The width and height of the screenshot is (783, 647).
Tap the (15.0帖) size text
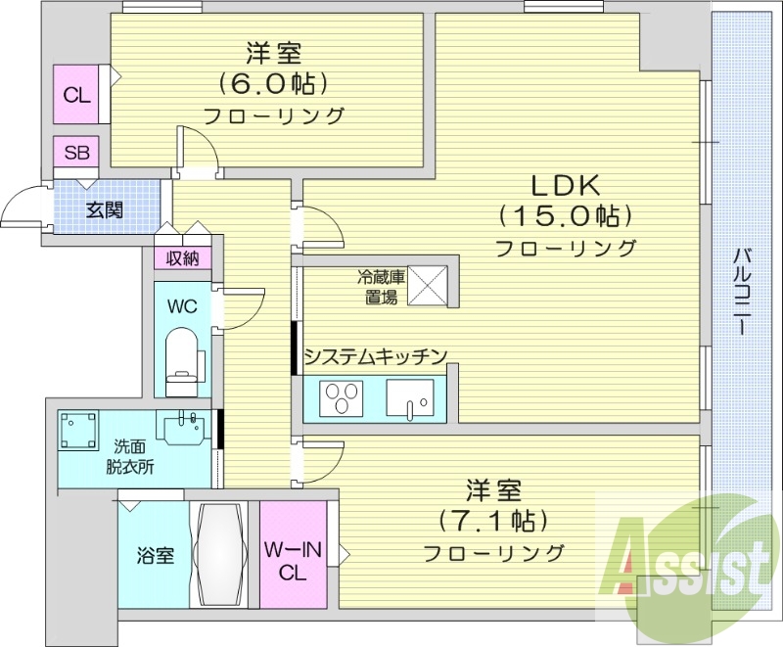point(565,216)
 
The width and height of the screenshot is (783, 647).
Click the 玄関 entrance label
point(104,209)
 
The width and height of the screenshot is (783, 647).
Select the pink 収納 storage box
point(182,258)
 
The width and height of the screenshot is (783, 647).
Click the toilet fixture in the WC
point(182,354)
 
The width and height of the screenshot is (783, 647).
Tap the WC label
point(182,305)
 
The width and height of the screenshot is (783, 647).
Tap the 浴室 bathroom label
point(155,556)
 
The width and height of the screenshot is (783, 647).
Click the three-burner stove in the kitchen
point(342,399)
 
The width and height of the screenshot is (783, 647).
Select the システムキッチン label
point(376,356)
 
